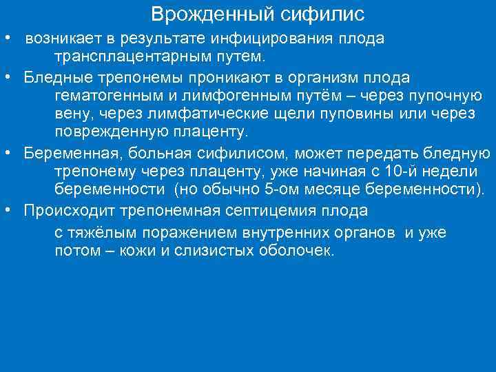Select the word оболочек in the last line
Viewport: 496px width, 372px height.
click(298, 251)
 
